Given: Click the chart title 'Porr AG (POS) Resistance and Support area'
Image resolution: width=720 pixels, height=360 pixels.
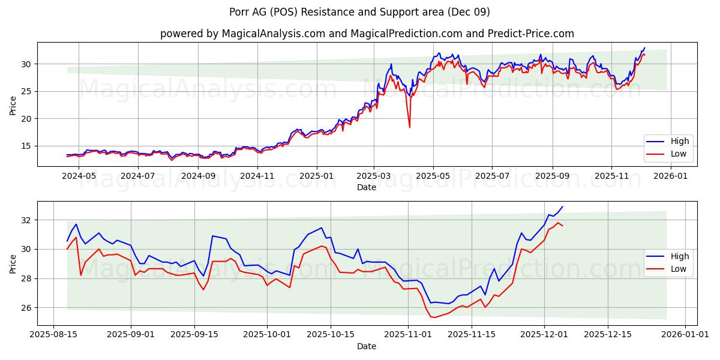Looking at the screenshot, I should [359, 12].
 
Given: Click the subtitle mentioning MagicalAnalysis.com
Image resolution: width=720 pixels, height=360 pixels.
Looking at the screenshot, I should [367, 34].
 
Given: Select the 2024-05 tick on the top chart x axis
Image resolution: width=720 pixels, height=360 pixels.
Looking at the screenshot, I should [79, 176].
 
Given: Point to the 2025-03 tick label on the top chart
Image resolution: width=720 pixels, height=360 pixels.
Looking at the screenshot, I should [374, 176].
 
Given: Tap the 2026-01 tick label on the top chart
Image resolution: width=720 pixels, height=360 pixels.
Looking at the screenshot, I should [670, 176].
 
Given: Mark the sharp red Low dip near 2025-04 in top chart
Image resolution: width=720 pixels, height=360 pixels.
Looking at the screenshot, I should [410, 127].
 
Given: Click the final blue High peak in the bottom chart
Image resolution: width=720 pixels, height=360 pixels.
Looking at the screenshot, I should [562, 207].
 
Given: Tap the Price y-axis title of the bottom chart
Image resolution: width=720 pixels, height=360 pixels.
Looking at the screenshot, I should [13, 263].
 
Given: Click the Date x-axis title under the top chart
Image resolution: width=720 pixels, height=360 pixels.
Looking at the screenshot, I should [366, 187].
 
